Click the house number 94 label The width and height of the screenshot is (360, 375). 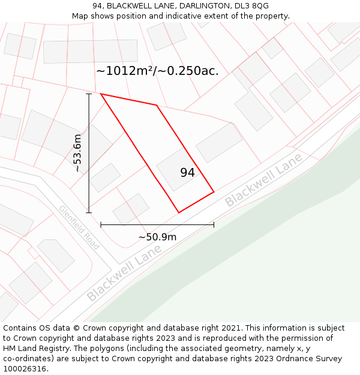[187, 173]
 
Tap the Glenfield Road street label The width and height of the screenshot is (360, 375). [79, 227]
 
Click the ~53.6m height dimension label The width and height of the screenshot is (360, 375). [77, 153]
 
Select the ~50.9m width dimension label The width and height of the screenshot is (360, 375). [157, 237]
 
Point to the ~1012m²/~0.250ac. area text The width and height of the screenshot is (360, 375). [157, 71]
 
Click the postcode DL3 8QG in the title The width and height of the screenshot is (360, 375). [252, 6]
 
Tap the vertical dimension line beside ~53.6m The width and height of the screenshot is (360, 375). [89, 153]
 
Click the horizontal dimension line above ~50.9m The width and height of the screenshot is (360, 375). [157, 225]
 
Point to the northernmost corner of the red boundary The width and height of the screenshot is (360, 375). [101, 94]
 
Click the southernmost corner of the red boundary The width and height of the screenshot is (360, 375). [179, 212]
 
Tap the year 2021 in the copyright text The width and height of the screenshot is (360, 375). [230, 328]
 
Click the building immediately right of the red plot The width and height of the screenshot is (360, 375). [219, 143]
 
